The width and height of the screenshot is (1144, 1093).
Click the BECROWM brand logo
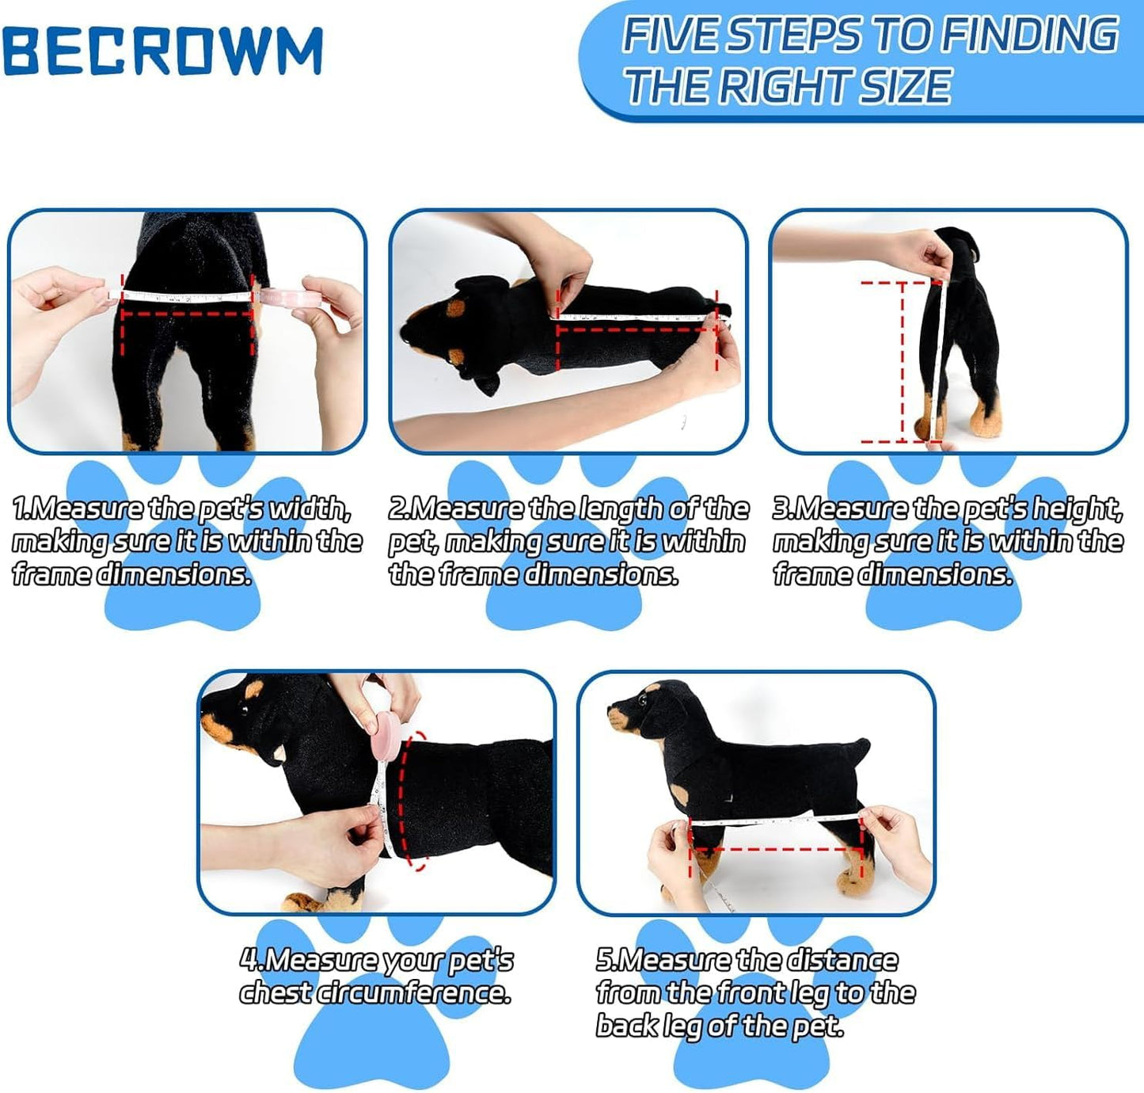point(162,51)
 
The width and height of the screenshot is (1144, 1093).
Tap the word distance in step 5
point(842,960)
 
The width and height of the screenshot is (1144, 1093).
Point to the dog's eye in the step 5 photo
point(642,701)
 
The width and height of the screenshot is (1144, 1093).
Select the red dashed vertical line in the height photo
point(903,361)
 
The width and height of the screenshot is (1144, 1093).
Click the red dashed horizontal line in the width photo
point(188,314)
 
